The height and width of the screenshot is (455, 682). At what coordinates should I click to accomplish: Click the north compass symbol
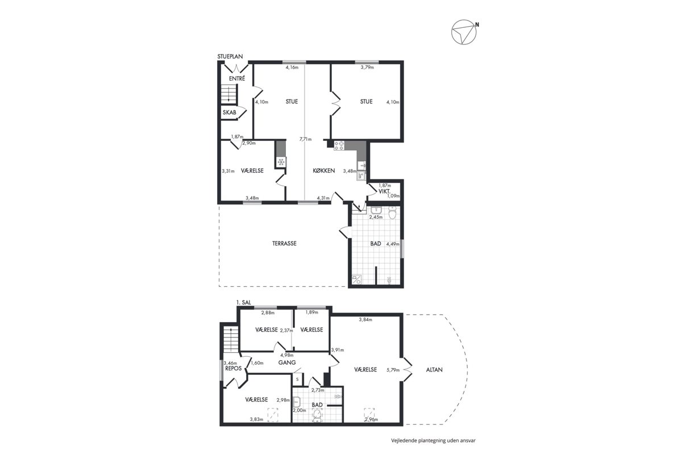point(464,32)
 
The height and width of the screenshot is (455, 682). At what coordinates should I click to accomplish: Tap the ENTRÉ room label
point(237,78)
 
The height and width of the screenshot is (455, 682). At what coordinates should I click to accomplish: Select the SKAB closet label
point(229,112)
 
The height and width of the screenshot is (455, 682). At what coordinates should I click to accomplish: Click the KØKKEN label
point(323,170)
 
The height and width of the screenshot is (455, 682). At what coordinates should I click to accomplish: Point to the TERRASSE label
point(284,244)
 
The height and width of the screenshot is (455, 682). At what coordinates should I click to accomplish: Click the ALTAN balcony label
point(434,370)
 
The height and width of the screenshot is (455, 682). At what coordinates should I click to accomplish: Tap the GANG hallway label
point(287,362)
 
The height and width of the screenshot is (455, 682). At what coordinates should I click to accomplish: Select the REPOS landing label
point(233,368)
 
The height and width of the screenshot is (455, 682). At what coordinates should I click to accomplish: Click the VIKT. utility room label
point(385,191)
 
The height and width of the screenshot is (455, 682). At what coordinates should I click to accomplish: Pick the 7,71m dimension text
point(305,139)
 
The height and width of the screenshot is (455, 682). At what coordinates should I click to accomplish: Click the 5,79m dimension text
point(393,370)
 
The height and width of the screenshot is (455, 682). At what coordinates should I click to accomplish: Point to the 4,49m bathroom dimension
point(393,244)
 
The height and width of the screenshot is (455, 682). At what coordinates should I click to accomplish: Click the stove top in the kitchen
point(339,145)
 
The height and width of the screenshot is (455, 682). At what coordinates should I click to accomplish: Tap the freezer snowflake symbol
point(281,162)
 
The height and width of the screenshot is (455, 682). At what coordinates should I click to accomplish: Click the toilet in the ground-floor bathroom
point(392,213)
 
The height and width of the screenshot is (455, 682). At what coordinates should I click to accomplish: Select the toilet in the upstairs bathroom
point(317,415)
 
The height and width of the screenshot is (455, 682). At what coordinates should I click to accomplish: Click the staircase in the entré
point(229,94)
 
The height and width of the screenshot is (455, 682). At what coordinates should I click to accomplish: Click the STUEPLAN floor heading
point(230,57)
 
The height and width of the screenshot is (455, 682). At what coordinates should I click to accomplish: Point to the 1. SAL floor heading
point(244,303)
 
